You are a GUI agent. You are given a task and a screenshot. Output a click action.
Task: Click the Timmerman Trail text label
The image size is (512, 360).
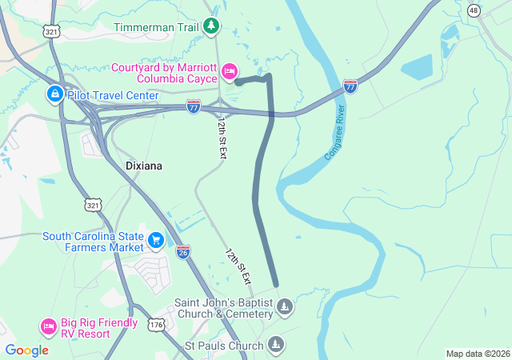pyautogui.click(x=155, y=27)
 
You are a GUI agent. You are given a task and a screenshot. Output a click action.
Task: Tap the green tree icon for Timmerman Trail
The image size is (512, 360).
pyautogui.click(x=211, y=27)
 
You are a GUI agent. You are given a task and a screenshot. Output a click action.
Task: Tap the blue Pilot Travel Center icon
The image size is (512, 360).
pyautogui.click(x=54, y=95)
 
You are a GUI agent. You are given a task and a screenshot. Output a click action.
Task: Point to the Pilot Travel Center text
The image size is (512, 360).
pyautogui.click(x=112, y=95)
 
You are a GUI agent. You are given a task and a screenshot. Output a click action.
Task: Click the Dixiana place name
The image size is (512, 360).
pyautogui.click(x=144, y=166)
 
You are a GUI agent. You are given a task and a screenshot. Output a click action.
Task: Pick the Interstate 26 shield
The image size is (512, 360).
pyautogui.click(x=183, y=251)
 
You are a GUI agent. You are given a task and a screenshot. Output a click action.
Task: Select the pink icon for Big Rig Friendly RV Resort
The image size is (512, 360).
pyautogui.click(x=48, y=326)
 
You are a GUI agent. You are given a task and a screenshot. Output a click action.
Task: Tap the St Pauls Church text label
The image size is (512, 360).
pyautogui.click(x=223, y=346)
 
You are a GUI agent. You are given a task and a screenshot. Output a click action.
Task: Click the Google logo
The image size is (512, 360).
pyautogui.click(x=26, y=350)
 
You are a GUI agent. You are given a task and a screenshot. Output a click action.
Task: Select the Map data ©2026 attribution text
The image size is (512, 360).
pyautogui.click(x=477, y=354)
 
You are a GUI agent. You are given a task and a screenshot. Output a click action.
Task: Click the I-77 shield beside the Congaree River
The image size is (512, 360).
pyautogui.click(x=350, y=86)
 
